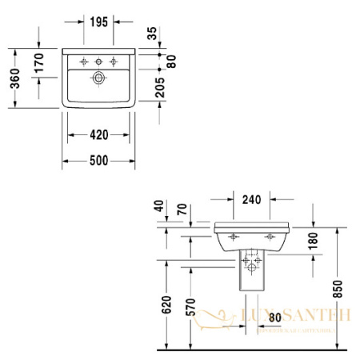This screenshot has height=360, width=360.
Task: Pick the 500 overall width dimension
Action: pos(99,160)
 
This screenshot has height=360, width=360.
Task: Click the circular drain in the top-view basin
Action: pos(99,78)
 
